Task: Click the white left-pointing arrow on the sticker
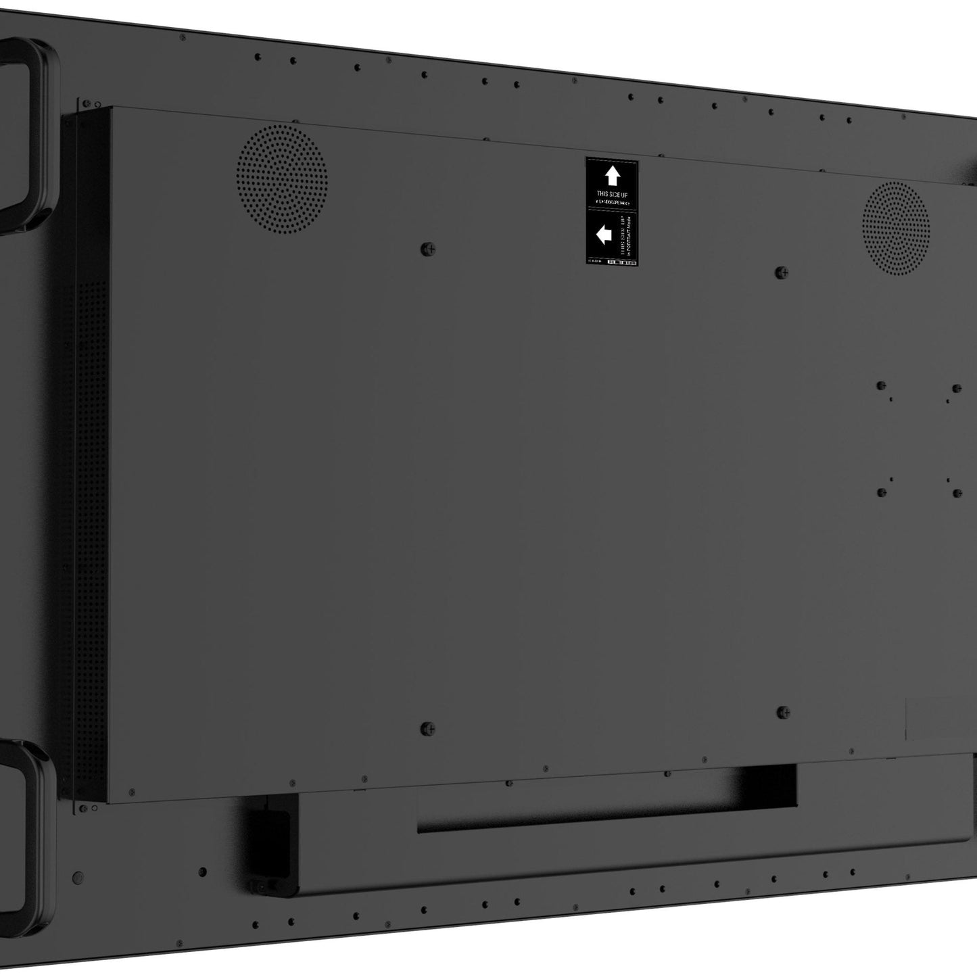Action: [604, 235]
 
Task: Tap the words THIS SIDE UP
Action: [612, 194]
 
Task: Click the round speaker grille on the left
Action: [282, 178]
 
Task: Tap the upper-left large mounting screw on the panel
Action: [427, 249]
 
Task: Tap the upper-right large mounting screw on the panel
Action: [782, 272]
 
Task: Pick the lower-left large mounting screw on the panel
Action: [427, 729]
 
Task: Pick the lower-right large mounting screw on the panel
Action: [783, 712]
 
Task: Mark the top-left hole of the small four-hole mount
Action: [881, 386]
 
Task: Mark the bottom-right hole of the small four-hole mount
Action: [957, 493]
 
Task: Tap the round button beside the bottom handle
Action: [78, 878]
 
